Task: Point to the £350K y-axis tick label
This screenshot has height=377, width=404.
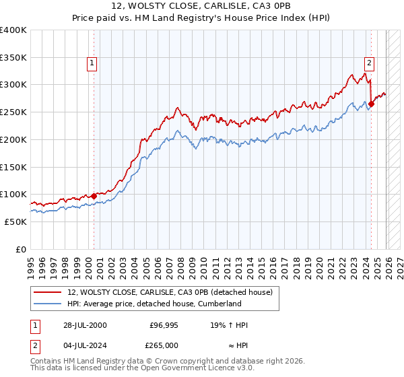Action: [x=13, y=58]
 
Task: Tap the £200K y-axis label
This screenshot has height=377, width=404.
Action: [x=13, y=139]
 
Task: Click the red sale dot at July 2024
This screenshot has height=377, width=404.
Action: [x=371, y=104]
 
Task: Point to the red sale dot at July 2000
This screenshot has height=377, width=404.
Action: [x=94, y=196]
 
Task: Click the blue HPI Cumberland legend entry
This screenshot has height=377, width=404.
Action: [x=154, y=304]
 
